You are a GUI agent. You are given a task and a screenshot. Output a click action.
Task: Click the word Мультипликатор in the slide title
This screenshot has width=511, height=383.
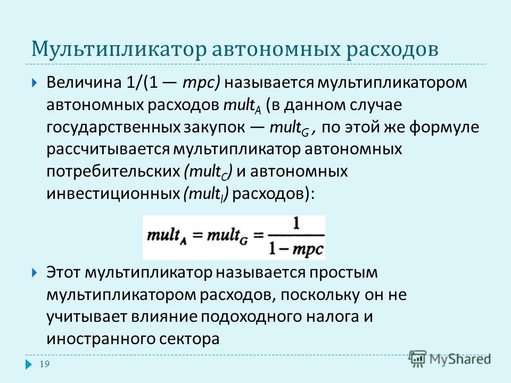[x=119, y=49]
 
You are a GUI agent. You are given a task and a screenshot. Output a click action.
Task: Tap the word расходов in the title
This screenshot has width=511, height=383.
[x=392, y=49]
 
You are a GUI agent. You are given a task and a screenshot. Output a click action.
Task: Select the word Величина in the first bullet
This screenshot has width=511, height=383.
[x=84, y=82]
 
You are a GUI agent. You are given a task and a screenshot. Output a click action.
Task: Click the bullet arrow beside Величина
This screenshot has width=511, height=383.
[x=35, y=83]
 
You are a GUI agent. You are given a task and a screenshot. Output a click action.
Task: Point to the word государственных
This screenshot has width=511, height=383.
[x=113, y=127]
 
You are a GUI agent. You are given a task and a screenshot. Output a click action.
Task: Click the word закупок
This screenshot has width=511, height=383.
[x=214, y=127]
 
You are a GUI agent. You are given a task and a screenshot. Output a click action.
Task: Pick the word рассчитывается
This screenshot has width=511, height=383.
[x=108, y=149]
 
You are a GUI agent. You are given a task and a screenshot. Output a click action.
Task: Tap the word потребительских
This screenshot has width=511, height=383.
[x=113, y=171]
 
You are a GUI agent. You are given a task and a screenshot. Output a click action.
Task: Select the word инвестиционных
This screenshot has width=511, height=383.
[x=113, y=194]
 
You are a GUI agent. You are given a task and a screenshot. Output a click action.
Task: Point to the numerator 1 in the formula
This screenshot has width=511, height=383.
[x=296, y=224]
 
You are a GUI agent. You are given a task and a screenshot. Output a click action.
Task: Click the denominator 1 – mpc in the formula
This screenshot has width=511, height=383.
[x=295, y=249]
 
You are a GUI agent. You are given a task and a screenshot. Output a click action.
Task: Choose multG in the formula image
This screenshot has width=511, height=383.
[x=227, y=236]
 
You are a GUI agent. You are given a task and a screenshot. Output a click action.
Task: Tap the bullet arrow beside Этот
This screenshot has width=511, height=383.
[x=35, y=272]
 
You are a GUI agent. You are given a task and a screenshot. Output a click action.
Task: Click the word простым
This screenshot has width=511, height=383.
[x=343, y=273]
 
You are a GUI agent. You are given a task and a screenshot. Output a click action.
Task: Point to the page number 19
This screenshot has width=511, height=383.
[x=45, y=364]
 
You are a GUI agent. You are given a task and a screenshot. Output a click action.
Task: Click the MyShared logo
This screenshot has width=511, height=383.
[x=450, y=359]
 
